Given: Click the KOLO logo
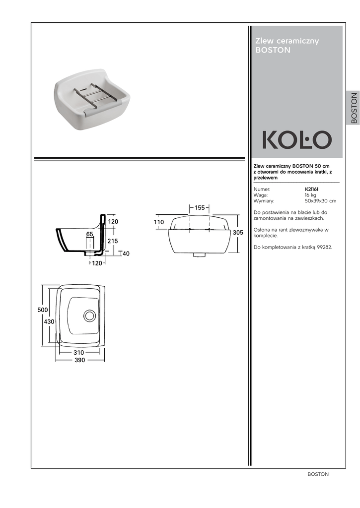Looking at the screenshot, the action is point(297,139).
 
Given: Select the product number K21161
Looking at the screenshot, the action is point(311,189).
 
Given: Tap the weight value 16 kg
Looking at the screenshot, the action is point(310,195).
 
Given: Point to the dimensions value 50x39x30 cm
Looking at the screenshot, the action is point(320,201).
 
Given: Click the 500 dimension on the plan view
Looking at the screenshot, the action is point(43,310).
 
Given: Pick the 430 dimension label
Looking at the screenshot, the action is point(49,321).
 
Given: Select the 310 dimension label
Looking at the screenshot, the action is point(78,353).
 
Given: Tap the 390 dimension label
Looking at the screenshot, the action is point(80,360).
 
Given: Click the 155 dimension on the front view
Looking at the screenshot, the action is point(200,208).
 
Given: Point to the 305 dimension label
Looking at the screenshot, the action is point(238,232).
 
